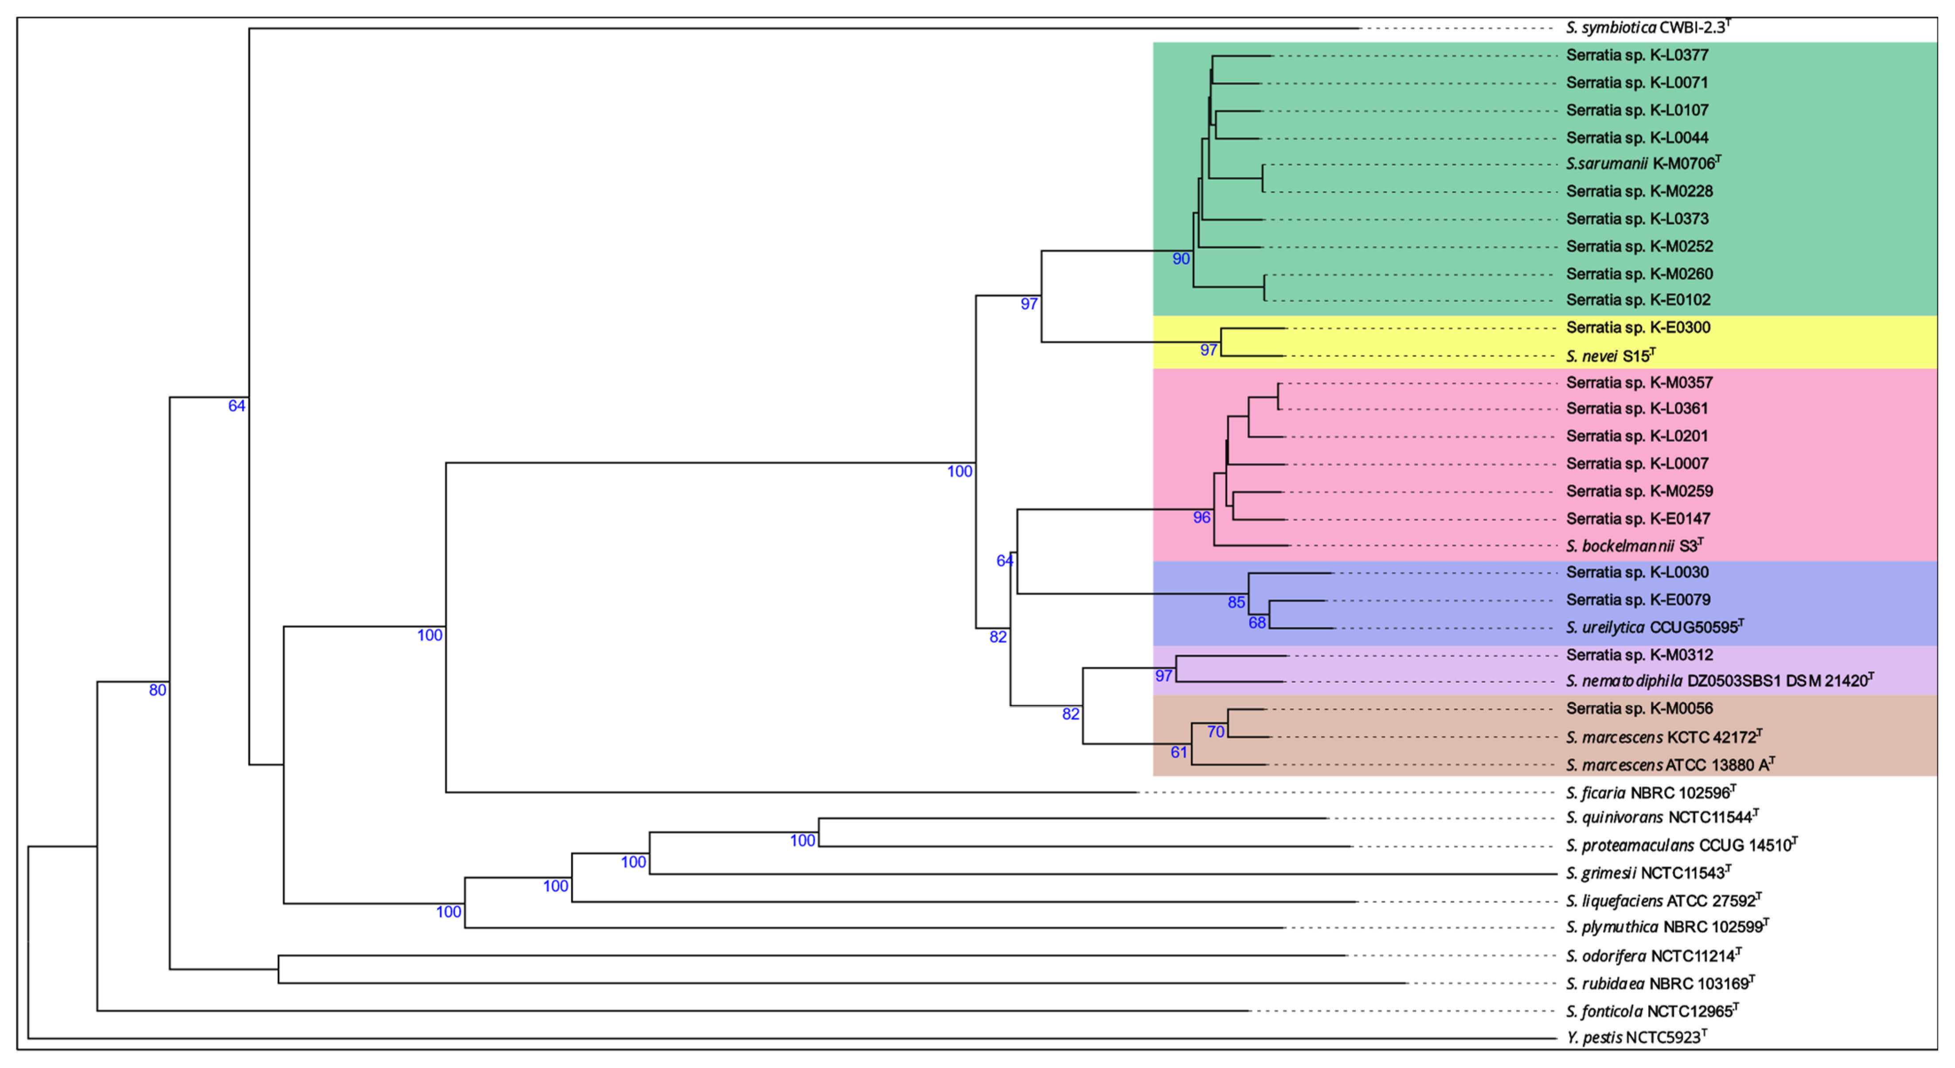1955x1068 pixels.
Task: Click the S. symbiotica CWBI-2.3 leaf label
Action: point(1647,28)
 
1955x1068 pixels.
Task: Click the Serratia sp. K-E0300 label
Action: point(1638,328)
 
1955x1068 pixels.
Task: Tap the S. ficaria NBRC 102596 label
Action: point(1650,793)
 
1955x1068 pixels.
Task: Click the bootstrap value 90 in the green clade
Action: point(1181,259)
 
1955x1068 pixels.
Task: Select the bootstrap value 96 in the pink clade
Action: point(1202,518)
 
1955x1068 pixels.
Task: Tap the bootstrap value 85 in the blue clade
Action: point(1236,602)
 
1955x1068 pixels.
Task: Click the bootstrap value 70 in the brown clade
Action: point(1216,732)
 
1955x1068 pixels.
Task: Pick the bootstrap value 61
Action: point(1178,752)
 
